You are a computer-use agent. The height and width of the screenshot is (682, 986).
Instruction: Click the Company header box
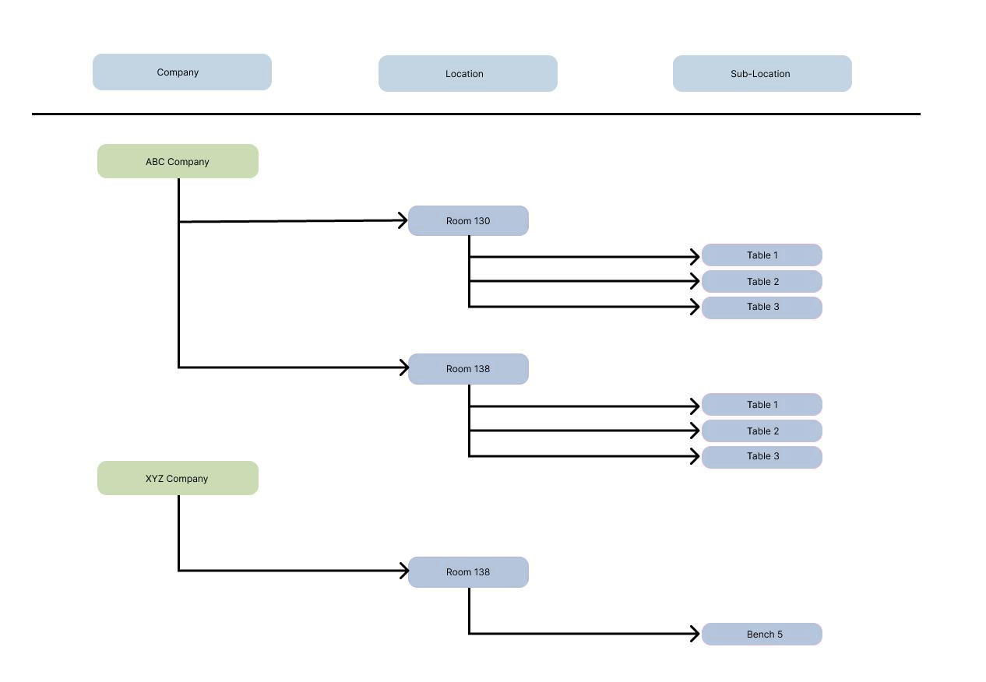tap(181, 72)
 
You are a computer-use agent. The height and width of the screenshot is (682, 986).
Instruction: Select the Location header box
tap(468, 73)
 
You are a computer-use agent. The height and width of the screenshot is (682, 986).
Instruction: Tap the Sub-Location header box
tap(762, 73)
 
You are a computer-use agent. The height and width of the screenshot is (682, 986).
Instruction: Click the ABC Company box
tap(178, 161)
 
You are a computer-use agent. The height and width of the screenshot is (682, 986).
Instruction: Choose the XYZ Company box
tap(178, 478)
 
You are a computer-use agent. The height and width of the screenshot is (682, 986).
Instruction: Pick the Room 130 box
tap(468, 220)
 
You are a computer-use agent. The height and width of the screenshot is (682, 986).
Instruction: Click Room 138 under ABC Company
tap(468, 369)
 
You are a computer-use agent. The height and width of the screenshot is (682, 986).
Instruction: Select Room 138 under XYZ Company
tap(468, 572)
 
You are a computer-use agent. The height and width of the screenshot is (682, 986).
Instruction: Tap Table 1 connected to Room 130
tap(762, 255)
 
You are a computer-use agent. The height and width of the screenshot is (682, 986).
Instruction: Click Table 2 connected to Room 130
tap(762, 282)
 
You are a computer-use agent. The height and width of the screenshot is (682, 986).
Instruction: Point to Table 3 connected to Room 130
tap(762, 308)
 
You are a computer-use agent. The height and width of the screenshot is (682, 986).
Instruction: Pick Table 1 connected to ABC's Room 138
tap(762, 404)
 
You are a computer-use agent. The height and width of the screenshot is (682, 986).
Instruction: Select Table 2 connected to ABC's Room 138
tap(762, 431)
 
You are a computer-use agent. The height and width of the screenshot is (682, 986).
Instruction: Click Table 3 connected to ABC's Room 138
tap(762, 457)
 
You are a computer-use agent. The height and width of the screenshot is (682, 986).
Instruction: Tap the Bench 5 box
tap(762, 634)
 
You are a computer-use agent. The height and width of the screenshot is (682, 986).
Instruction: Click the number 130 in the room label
tap(482, 221)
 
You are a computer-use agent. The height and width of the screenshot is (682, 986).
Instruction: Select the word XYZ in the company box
tap(154, 478)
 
